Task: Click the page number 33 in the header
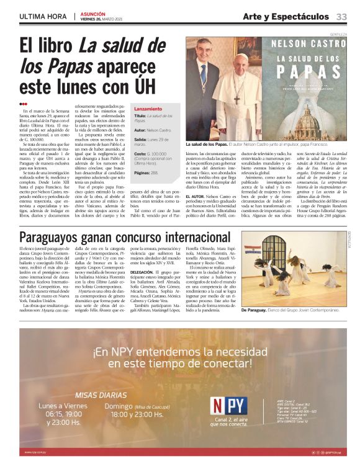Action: [x=341, y=16]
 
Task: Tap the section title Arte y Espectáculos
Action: [x=286, y=16]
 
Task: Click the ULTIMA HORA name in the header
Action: [x=43, y=16]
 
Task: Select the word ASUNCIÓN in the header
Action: [x=92, y=13]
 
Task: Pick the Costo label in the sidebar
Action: [x=140, y=153]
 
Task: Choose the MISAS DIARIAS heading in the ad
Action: [x=101, y=395]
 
